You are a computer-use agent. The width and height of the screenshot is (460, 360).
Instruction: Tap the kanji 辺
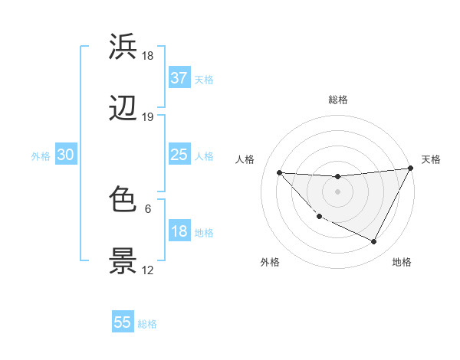coord(123,110)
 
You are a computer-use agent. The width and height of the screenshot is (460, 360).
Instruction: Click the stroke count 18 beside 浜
coord(148,56)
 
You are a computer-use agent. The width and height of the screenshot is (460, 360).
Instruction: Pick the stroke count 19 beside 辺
coord(148,117)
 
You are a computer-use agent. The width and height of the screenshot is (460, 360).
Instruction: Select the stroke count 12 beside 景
coord(148,270)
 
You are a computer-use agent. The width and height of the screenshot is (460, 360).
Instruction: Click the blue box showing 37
coord(179,78)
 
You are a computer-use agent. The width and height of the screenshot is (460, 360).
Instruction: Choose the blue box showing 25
coord(179,155)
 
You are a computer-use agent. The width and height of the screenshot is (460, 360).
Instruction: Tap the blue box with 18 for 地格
coord(179,231)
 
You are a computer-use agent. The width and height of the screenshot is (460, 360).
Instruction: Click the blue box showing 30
coord(65,155)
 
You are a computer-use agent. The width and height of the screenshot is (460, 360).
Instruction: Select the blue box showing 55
coord(123,322)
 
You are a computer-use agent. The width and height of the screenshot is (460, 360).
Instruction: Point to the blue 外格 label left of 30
coord(41,155)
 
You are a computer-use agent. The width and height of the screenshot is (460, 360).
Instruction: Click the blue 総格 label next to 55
coord(147,323)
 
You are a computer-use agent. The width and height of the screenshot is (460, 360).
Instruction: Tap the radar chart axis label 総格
coord(337,100)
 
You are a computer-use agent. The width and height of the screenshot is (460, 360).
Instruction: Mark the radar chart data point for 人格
coord(279,172)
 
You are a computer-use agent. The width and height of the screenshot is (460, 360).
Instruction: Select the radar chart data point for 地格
coord(374,242)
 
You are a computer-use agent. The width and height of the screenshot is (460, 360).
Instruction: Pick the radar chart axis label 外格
coord(270,262)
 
